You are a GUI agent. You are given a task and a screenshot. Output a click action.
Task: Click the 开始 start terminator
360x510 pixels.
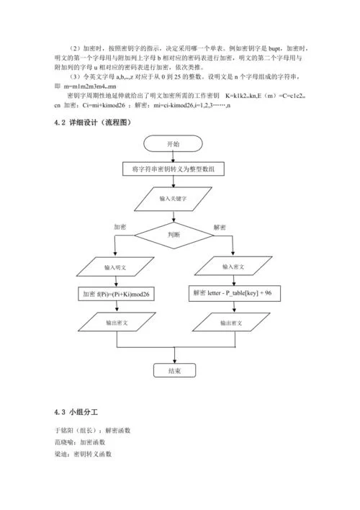tap(174, 144)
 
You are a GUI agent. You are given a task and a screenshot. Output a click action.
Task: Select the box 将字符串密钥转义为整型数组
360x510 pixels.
tap(174, 170)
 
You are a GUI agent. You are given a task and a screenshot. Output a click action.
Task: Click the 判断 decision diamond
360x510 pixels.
tap(174, 234)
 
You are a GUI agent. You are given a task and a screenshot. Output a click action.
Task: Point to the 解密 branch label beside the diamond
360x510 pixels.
tap(220, 226)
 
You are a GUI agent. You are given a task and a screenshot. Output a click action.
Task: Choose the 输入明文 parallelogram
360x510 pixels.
tap(115, 267)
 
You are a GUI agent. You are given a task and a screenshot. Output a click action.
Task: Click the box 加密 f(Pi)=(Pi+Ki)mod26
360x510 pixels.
tap(115, 294)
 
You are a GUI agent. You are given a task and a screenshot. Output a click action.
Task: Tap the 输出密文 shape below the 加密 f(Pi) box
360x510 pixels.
tap(115, 323)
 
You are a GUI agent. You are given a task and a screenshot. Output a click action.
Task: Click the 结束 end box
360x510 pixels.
tap(174, 371)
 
